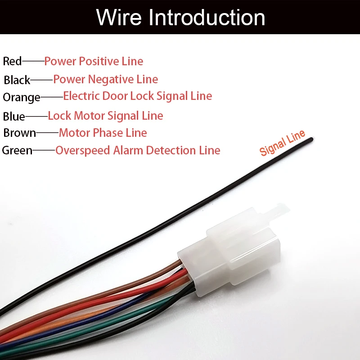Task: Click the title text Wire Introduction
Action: [x=180, y=17]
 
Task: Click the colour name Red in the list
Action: [x=12, y=61]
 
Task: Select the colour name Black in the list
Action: [x=17, y=80]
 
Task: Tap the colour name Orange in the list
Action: [x=22, y=97]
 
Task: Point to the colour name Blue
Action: [x=14, y=117]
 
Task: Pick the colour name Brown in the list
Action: [x=19, y=133]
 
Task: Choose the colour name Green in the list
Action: [x=17, y=151]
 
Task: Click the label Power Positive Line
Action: [x=94, y=61]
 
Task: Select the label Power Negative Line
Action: [x=106, y=80]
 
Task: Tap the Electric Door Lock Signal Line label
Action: [x=138, y=96]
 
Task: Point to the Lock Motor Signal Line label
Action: [x=105, y=116]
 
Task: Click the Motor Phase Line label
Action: [x=103, y=133]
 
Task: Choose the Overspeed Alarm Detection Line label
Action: [x=138, y=151]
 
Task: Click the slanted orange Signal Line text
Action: [x=282, y=143]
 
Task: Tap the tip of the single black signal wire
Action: [x=311, y=139]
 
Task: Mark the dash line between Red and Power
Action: [x=33, y=61]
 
